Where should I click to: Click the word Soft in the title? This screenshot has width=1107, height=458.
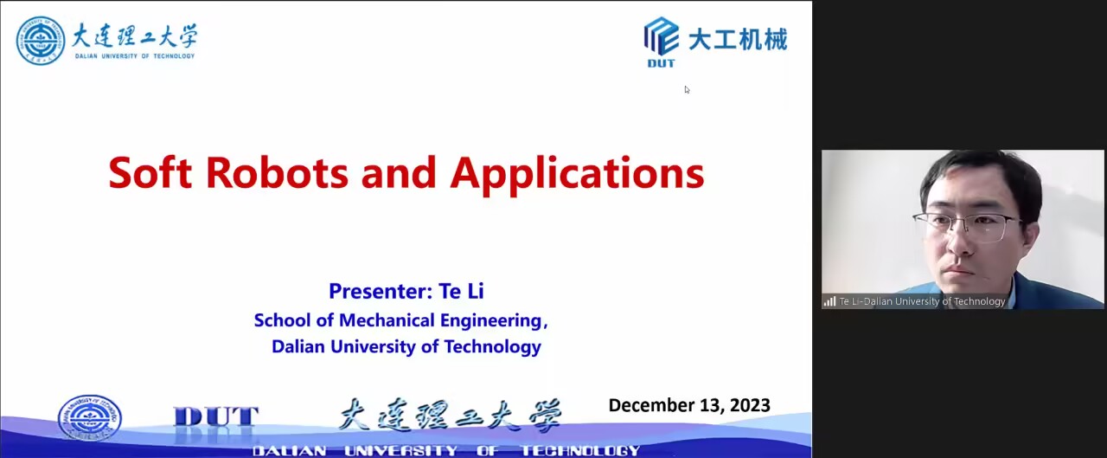150,172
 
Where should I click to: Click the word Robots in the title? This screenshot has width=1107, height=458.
278,172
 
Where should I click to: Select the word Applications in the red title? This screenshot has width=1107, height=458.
577,175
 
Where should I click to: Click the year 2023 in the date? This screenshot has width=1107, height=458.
750,405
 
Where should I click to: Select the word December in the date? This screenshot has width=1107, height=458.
648,405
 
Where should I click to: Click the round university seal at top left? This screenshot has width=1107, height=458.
41,41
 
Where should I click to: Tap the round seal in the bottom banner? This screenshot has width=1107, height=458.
89,417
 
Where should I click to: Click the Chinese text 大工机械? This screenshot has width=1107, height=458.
738,39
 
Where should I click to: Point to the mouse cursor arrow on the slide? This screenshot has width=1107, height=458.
687,89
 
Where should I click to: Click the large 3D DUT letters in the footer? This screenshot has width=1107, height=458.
216,417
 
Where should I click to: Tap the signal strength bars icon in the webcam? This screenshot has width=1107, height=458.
829,301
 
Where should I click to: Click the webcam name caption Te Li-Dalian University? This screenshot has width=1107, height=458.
922,301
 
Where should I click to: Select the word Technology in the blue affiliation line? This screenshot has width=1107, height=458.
492,347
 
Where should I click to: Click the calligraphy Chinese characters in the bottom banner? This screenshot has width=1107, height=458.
450,416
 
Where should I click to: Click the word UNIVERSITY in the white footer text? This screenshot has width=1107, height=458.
400,450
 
